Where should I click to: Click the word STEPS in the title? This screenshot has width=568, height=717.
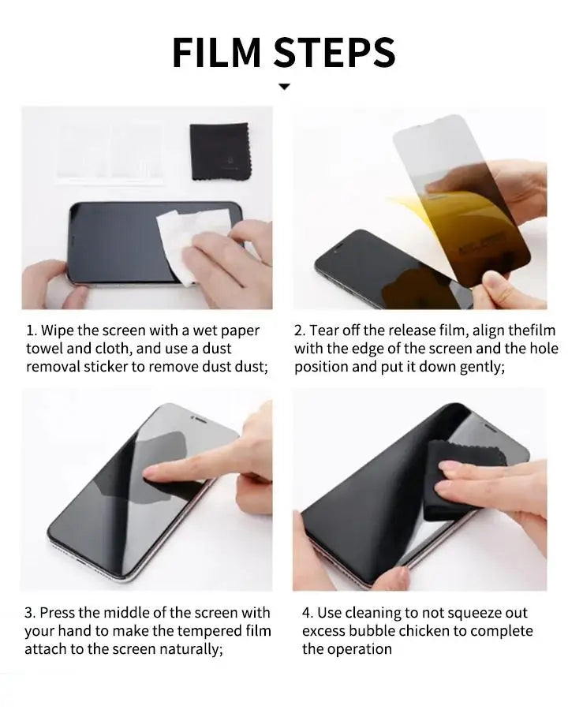335,52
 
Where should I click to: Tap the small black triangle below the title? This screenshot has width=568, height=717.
284,87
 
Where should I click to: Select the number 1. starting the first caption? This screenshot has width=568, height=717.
31,330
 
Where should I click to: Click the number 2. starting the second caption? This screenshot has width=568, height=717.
300,330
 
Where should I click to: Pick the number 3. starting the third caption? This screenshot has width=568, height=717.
30,613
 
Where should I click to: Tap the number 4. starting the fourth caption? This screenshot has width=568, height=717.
308,613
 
